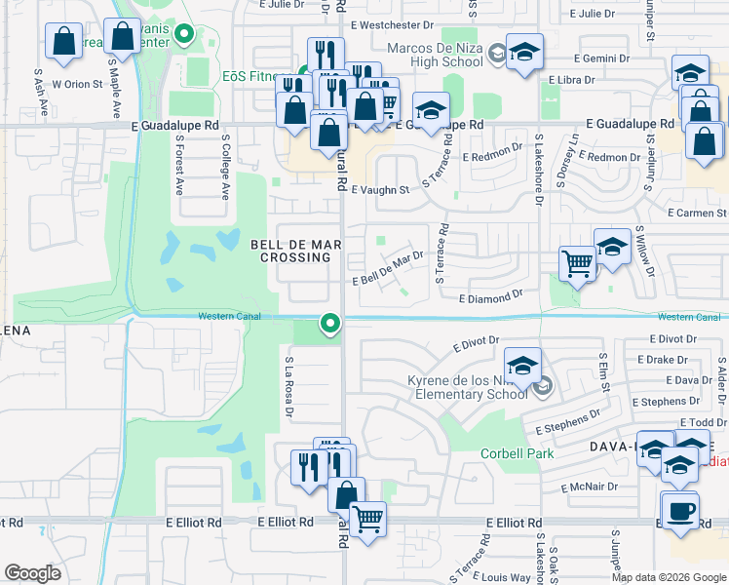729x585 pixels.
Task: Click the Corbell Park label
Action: point(517,453)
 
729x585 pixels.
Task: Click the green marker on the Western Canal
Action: point(330,322)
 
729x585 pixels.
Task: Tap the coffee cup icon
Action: point(680,510)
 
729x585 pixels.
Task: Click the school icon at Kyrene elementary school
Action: point(522,367)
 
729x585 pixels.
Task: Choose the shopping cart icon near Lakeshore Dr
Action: point(578,263)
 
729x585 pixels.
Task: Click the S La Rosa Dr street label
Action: point(289,387)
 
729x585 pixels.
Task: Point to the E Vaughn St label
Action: point(380,191)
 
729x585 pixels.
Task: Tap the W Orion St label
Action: point(77,84)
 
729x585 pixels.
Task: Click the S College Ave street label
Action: point(225,166)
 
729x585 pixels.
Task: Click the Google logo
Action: point(33,573)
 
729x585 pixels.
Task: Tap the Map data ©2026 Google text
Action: point(669,577)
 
